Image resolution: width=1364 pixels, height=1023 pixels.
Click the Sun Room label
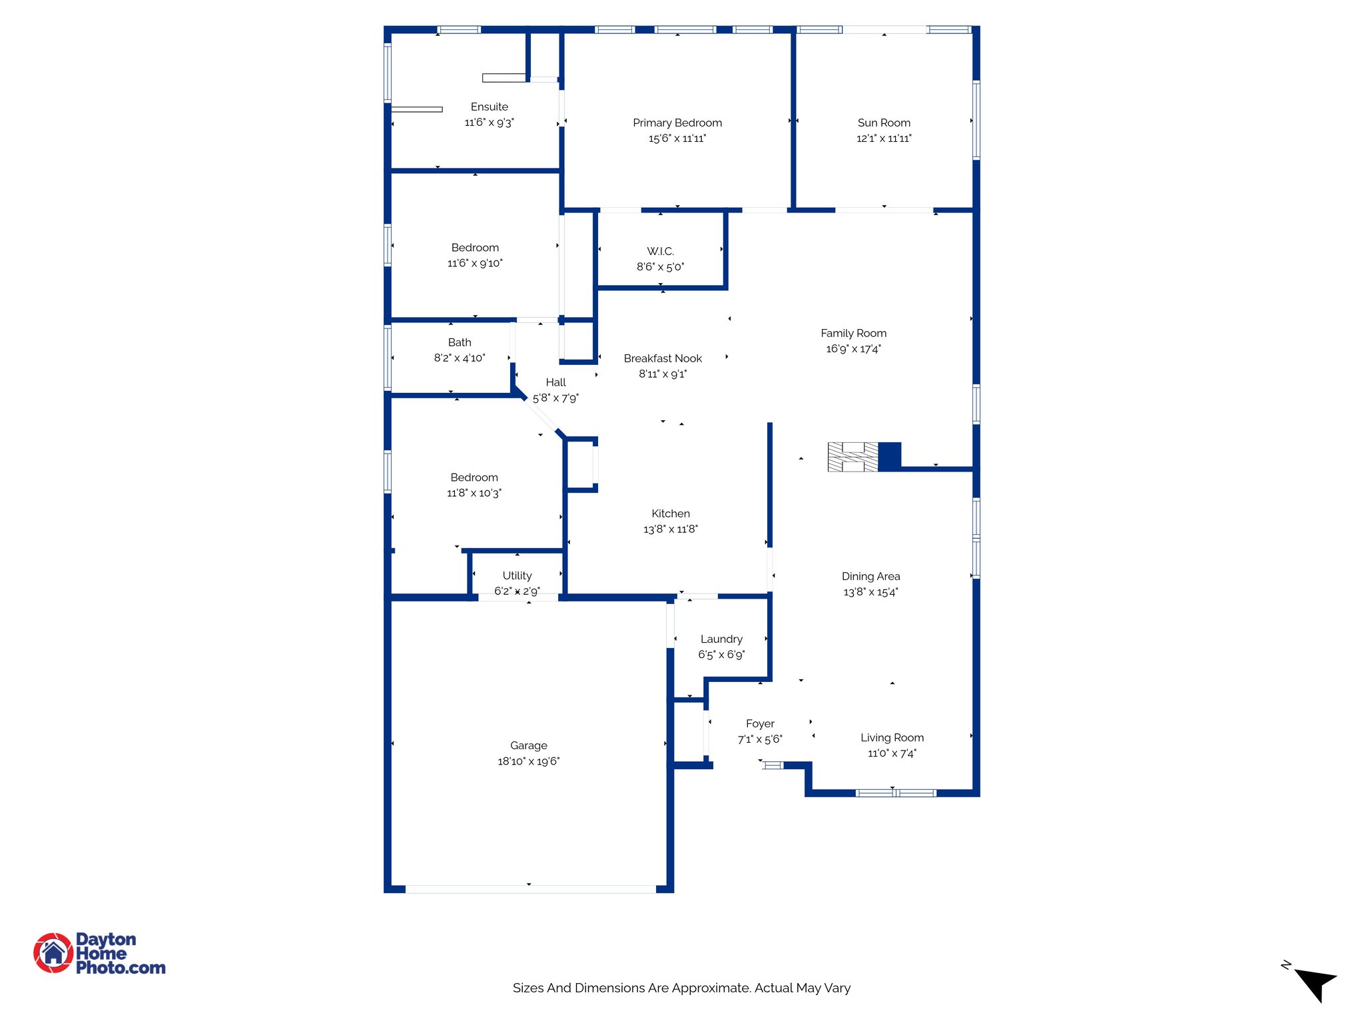(x=884, y=123)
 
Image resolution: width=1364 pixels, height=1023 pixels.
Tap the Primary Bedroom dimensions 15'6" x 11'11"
(x=677, y=139)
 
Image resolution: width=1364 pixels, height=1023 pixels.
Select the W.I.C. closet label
(x=660, y=251)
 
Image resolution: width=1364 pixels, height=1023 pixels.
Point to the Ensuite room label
(x=489, y=107)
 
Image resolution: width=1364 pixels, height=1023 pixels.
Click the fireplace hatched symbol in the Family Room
(x=852, y=457)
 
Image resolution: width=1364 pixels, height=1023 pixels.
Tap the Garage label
(x=529, y=745)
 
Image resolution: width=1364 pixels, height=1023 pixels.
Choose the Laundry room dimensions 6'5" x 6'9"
(x=721, y=655)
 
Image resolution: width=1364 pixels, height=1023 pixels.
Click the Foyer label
(x=760, y=723)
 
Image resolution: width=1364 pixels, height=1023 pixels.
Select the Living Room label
(x=892, y=737)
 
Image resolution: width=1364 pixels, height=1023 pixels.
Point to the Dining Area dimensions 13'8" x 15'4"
(x=870, y=592)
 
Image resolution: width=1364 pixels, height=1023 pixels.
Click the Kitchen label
(x=671, y=513)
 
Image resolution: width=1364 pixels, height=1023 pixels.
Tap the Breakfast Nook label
(x=663, y=358)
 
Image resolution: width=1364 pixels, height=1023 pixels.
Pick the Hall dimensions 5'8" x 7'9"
(x=555, y=398)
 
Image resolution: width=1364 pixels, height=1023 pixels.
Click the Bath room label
(x=460, y=342)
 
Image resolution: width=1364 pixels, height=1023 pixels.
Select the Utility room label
(x=517, y=575)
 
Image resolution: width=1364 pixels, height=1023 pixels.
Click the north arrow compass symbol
(x=1315, y=982)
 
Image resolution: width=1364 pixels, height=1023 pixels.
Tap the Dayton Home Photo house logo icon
(x=53, y=952)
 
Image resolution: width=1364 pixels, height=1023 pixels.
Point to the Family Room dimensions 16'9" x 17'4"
(x=853, y=349)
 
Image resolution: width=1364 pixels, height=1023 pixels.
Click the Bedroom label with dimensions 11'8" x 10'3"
(x=474, y=478)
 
